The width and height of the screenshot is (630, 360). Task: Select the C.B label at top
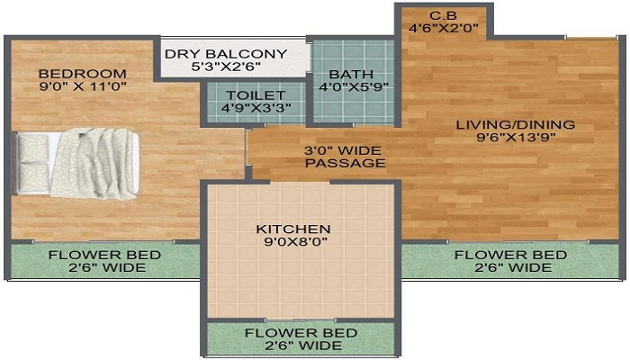(x=441, y=14)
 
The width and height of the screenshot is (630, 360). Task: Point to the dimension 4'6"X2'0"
(x=442, y=28)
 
